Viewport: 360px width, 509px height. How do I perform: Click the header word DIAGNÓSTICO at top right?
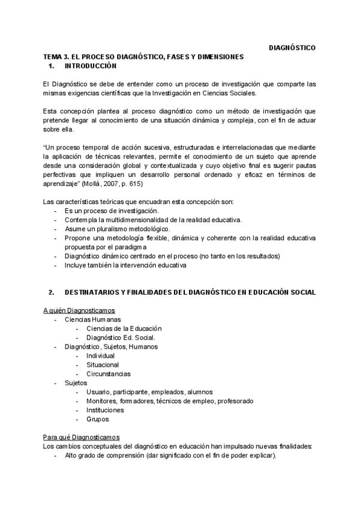292,47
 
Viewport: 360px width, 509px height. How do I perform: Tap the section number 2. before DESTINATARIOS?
52,292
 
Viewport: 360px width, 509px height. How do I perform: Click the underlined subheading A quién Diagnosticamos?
79,310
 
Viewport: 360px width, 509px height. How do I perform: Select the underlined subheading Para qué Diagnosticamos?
82,437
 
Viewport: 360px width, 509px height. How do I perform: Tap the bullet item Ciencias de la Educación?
124,328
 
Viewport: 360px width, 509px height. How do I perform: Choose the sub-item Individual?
100,355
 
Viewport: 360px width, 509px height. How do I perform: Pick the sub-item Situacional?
103,364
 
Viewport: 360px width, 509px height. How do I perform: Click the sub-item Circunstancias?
108,373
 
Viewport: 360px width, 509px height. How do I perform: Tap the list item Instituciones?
105,410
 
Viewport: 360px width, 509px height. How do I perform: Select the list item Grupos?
97,419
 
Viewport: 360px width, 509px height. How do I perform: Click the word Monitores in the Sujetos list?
101,401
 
